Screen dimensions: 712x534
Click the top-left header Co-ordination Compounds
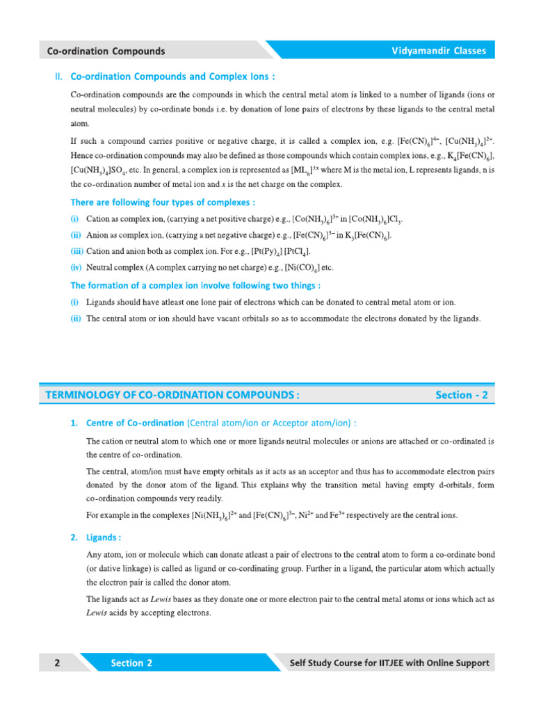(106, 51)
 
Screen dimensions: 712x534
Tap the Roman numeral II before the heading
(59, 76)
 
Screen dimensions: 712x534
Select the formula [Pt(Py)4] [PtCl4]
(277, 251)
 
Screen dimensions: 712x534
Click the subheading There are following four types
(163, 202)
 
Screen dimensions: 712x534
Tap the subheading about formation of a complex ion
(195, 285)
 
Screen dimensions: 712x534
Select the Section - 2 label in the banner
(462, 395)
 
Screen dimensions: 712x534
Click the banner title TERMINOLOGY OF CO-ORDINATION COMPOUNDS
(172, 395)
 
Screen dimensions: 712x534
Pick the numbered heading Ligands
(104, 537)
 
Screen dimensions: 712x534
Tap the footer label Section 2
(131, 663)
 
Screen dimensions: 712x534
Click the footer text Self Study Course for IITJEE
(389, 663)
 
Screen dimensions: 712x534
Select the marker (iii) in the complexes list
(76, 251)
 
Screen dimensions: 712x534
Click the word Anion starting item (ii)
(98, 236)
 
